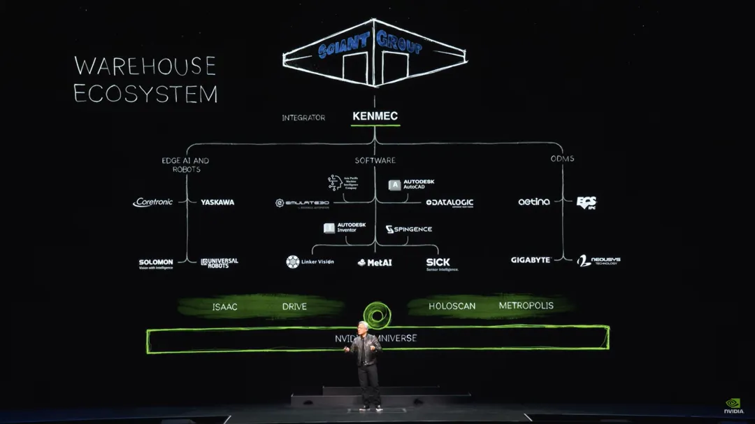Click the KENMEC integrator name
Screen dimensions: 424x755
(x=375, y=116)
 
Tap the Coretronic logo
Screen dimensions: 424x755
(x=153, y=202)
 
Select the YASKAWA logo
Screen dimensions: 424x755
(x=217, y=202)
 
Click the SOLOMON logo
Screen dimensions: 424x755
(x=156, y=263)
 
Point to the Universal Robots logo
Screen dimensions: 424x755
(x=220, y=262)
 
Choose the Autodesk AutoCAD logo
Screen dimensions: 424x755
(x=412, y=185)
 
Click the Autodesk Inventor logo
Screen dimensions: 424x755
(x=345, y=228)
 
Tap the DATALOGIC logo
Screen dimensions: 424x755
(x=450, y=203)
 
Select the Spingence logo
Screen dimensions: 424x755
(x=409, y=229)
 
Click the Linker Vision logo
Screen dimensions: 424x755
(x=310, y=262)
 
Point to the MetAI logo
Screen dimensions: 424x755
(x=375, y=262)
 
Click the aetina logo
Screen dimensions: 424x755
(x=534, y=202)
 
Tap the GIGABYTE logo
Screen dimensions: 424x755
(x=531, y=260)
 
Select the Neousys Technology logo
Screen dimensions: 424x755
(x=598, y=261)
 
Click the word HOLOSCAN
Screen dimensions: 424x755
(x=452, y=306)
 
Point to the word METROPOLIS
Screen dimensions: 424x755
(x=526, y=306)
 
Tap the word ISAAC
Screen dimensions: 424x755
(x=226, y=307)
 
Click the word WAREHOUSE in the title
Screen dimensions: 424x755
(x=145, y=66)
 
